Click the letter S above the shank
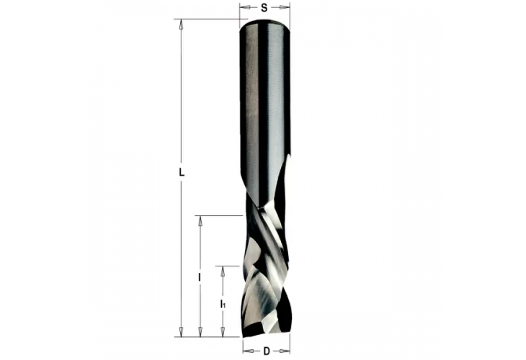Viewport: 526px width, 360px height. coord(264,8)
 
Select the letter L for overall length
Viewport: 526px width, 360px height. coord(182,174)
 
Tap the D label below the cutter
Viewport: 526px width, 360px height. coord(266,351)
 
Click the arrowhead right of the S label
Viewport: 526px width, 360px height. coord(286,8)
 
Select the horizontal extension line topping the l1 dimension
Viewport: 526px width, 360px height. coord(231,266)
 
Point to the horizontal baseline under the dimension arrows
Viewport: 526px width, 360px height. coord(209,336)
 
